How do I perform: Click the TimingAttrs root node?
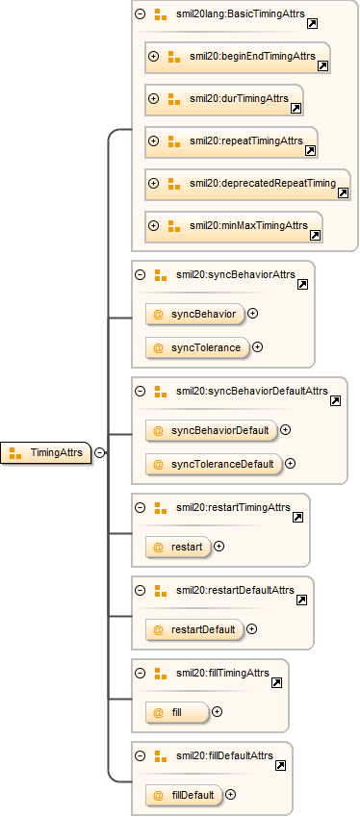46,453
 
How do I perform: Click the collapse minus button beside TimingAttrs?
99,453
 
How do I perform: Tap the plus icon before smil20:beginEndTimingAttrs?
153,56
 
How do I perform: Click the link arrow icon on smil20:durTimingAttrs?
296,108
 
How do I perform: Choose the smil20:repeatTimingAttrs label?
245,140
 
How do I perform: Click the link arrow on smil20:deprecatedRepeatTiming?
343,192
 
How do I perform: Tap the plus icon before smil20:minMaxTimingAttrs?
153,225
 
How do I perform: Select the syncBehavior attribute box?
195,314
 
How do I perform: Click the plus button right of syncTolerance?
257,347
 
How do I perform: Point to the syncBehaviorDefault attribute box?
212,430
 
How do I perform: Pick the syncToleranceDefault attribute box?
214,463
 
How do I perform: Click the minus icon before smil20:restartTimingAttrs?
140,507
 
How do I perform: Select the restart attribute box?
179,548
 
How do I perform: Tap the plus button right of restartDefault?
251,629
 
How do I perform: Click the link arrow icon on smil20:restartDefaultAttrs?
301,600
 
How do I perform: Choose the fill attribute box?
178,712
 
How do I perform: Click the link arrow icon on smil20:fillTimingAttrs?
276,682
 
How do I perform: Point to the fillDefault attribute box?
185,795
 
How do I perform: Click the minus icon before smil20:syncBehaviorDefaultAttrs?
140,392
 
